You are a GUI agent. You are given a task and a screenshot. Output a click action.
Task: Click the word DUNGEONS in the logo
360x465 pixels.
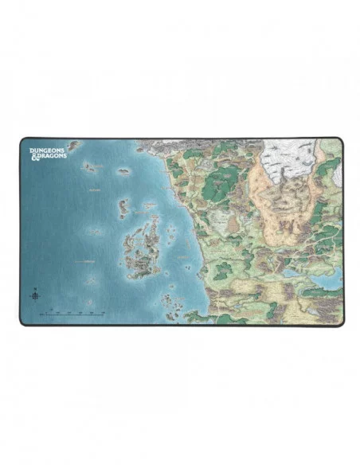[47, 147]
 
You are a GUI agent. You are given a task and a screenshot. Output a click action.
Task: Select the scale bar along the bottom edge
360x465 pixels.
[76, 315]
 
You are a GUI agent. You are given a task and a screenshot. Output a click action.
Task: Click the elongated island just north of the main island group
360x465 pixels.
[123, 207]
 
